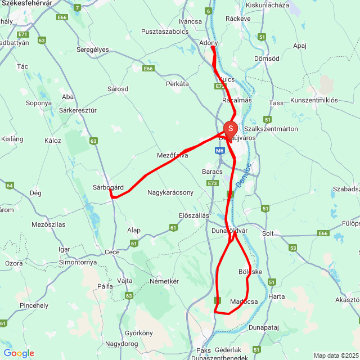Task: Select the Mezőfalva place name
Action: coord(172,155)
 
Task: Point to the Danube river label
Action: coord(243,176)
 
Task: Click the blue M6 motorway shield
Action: coord(219,151)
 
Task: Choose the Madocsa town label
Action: coord(244,301)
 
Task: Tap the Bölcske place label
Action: coord(250,272)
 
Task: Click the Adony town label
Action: coord(209,42)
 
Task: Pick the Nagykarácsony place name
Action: coord(170,192)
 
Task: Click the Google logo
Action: coord(19,353)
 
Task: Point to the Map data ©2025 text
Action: coord(335,355)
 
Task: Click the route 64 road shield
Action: coord(9,185)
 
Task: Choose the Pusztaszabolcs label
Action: coord(165,32)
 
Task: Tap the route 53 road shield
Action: coord(292,247)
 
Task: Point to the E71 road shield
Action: coord(23,34)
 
